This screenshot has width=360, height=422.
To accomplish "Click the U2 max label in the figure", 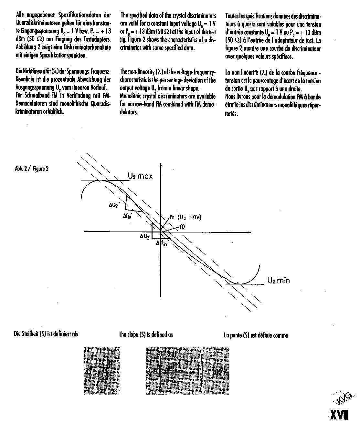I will [x=140, y=176].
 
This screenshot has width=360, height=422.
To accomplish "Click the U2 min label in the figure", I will [x=278, y=280].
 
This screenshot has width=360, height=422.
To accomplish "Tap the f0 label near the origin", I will [x=182, y=227].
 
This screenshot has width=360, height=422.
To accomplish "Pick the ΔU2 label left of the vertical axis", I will [x=144, y=236].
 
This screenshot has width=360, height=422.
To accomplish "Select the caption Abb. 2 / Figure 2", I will [x=32, y=169].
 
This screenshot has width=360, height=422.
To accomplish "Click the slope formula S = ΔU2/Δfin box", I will [x=102, y=371].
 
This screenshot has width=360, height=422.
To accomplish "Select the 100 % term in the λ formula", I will [x=219, y=372].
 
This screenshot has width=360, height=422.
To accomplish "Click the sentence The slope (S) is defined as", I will [x=146, y=335].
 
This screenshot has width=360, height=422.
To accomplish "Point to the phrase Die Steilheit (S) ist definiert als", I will [x=46, y=334].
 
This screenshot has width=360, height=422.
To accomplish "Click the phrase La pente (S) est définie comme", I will [x=256, y=335].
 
